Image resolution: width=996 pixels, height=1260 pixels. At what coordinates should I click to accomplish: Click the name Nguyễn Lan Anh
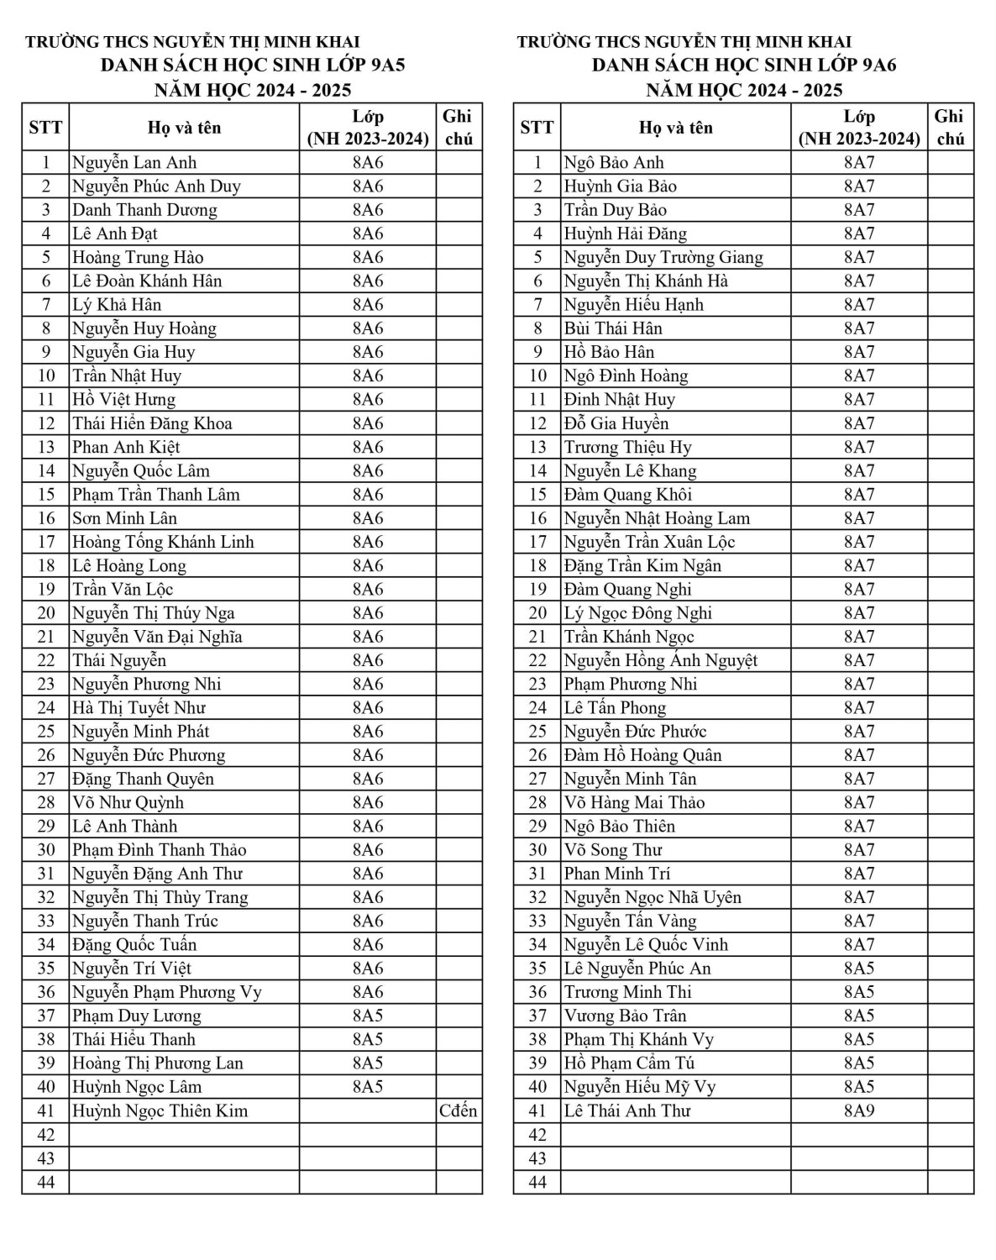point(134,163)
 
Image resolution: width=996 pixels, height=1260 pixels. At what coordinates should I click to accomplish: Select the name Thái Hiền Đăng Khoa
point(152,423)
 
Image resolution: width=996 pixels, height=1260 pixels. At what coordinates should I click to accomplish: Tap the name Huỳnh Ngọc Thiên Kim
point(160,1110)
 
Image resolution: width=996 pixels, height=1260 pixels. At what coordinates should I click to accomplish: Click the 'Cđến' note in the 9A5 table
point(459,1110)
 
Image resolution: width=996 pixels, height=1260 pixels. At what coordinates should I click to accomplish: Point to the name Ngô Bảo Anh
point(614,163)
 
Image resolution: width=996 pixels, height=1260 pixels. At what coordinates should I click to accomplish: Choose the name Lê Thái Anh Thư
point(627,1110)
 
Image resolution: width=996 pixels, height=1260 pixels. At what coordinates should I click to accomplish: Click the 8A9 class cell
point(859,1110)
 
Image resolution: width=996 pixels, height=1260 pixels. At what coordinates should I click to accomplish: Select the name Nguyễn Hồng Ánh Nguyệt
point(661,660)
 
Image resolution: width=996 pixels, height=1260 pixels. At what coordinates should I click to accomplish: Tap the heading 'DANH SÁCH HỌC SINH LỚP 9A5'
point(253,66)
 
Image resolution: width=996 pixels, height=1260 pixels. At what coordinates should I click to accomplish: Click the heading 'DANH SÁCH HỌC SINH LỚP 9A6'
point(744,66)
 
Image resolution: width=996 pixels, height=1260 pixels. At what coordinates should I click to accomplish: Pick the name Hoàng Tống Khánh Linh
point(163,542)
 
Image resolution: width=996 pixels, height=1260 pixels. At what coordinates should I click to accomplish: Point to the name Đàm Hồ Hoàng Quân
point(643,755)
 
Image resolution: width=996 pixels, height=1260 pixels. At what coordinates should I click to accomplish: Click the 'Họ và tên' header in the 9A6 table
point(675,128)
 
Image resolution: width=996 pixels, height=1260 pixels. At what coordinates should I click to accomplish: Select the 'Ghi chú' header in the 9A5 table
point(459,128)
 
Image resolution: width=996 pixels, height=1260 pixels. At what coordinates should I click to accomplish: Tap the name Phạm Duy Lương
point(137,1016)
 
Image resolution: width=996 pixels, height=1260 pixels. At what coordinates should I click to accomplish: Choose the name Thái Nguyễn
point(119,660)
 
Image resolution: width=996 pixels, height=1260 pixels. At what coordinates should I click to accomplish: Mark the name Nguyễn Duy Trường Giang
point(663,257)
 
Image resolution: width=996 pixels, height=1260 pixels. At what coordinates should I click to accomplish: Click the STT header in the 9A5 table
point(45,128)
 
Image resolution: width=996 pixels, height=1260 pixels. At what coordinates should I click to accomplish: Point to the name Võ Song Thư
point(613,850)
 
